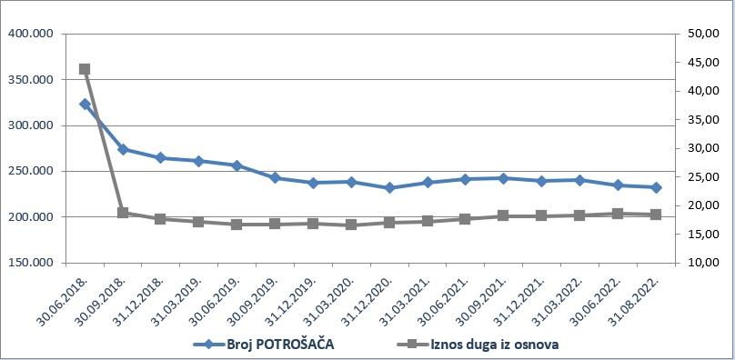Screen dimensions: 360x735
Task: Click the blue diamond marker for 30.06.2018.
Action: tap(85, 105)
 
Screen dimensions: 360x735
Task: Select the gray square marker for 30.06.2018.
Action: tap(85, 69)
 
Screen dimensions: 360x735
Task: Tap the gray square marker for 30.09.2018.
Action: tap(123, 213)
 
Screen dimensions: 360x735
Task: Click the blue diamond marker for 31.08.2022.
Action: tap(656, 187)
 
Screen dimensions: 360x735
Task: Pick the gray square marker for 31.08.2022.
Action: tap(656, 215)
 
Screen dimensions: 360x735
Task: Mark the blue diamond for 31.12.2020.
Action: tap(389, 188)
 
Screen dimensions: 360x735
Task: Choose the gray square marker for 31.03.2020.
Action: tap(351, 225)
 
